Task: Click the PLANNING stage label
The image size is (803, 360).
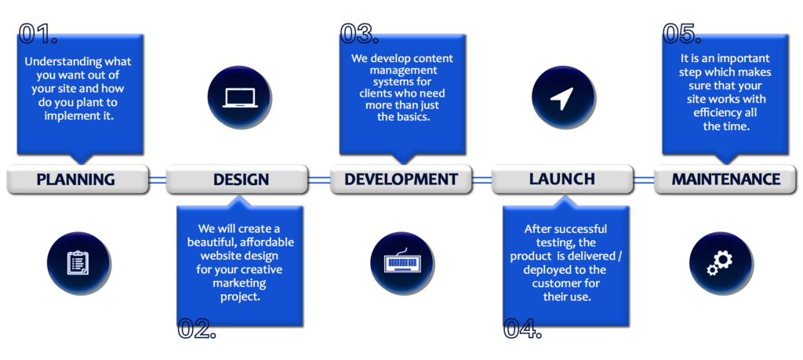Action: tap(76, 180)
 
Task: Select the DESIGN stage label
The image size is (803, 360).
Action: tap(241, 180)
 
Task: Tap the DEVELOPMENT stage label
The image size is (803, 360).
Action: tap(401, 180)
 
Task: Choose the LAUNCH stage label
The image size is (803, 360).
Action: tap(561, 180)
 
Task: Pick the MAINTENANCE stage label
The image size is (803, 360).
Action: tap(726, 180)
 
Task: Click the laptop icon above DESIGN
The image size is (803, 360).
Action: tap(240, 98)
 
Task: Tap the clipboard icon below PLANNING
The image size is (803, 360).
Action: tap(78, 264)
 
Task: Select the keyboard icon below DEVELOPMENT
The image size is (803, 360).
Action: tap(402, 261)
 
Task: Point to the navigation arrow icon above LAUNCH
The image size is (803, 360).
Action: tap(562, 98)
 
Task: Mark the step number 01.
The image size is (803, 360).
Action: tap(38, 33)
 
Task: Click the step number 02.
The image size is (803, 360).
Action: tap(197, 329)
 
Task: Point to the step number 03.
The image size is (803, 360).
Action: tap(359, 33)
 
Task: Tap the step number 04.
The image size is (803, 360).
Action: tap(522, 329)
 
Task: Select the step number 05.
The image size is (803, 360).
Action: tap(682, 33)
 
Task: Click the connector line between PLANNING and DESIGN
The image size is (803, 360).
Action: tap(158, 180)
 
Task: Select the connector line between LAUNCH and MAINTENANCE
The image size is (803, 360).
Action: tap(645, 180)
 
